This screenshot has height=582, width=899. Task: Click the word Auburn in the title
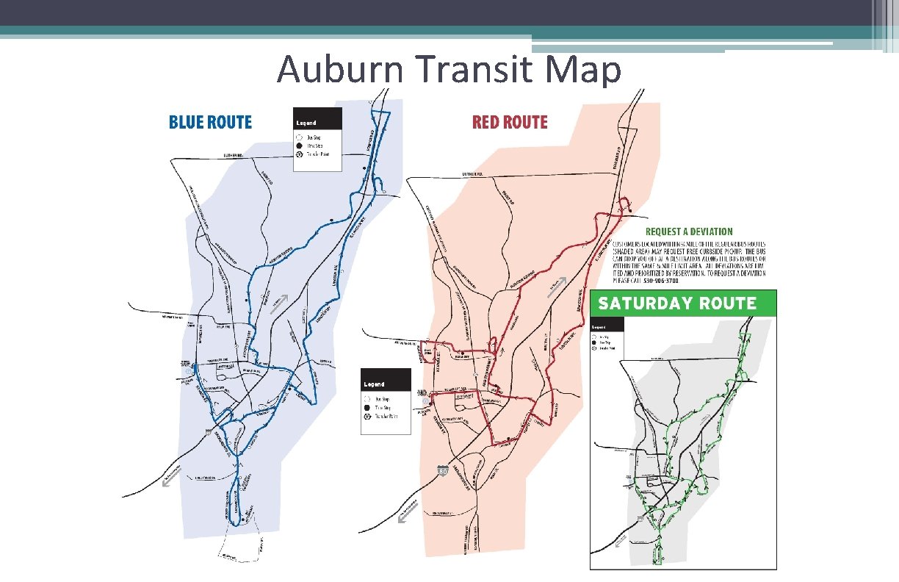tap(339, 71)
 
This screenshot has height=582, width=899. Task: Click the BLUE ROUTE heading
tap(210, 123)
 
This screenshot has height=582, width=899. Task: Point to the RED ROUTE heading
tap(510, 123)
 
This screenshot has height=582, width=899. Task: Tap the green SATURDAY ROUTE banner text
tap(676, 303)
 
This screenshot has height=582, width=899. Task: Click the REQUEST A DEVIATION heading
tap(689, 232)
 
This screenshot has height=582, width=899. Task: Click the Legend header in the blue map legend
tap(306, 123)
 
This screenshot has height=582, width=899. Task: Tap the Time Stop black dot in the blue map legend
tap(300, 145)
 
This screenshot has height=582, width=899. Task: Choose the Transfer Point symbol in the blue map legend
tap(300, 154)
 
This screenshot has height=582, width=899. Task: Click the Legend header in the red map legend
tap(375, 384)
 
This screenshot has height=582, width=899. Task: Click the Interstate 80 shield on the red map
tap(442, 470)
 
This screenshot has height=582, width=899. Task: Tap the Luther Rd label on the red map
tap(472, 174)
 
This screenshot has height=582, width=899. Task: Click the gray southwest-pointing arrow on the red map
tap(404, 517)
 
